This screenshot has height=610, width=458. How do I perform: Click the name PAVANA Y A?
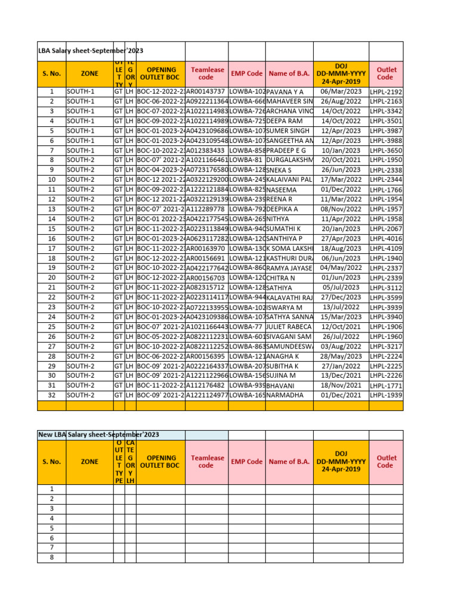point(286,92)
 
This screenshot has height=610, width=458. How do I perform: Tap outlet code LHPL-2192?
point(386,92)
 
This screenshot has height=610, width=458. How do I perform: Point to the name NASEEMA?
point(281,190)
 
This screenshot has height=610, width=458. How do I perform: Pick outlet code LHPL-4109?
point(386,248)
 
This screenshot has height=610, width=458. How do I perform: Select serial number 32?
point(52,395)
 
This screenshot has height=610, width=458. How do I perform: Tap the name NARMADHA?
point(284,395)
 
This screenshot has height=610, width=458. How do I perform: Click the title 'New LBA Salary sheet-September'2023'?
point(99,434)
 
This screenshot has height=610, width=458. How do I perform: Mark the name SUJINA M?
point(281,375)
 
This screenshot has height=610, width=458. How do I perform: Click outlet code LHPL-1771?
point(386,385)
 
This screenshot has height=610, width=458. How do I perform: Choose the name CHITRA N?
point(282,278)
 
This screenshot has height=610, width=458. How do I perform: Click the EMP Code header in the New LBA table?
point(246,462)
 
